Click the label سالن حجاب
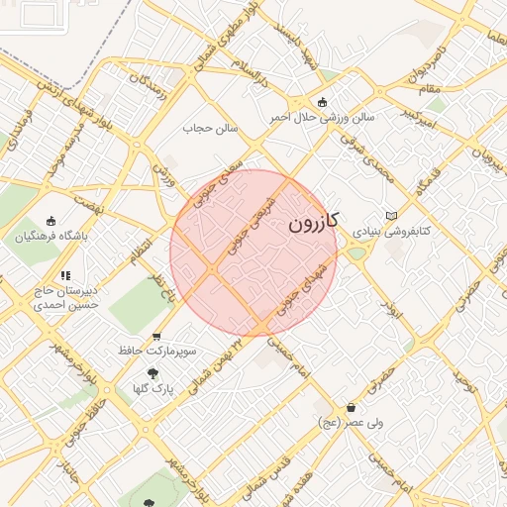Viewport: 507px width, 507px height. pos(211,128)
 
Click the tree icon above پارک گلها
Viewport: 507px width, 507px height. pos(152,373)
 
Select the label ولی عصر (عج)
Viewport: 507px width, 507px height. pos(351,423)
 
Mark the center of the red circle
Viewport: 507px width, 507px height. pos(253,253)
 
